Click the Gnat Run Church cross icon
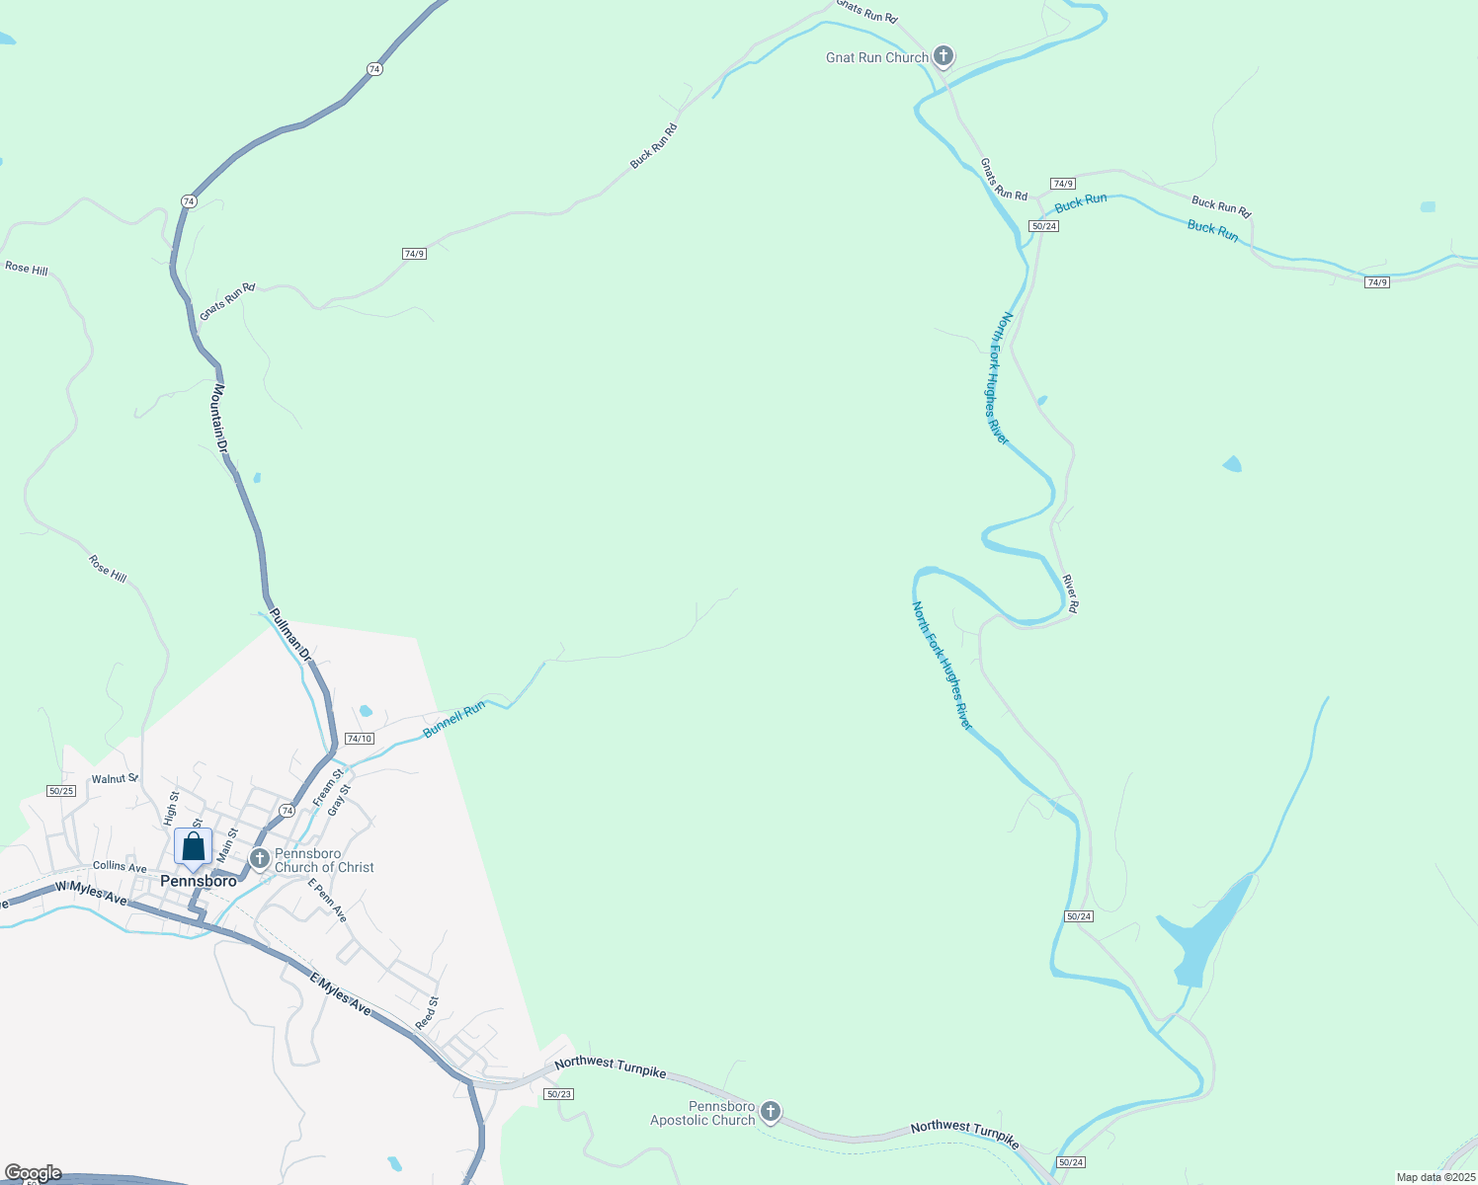coord(944,56)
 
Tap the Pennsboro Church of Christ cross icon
coord(260,859)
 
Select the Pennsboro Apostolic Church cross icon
coord(770,1113)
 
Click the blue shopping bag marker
coord(194,847)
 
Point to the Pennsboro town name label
coord(199,881)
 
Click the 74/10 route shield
coord(360,739)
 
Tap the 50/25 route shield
coord(61,791)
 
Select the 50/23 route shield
coord(558,1093)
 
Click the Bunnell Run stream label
coord(454,720)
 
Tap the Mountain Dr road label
coord(221,420)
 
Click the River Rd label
coord(1070,593)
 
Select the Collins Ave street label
coord(120,867)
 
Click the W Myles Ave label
coord(91,893)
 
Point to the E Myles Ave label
coord(341,994)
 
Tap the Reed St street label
coord(427,1013)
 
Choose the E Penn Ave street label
coord(327,901)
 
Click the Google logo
coord(34,1173)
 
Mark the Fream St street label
coord(328,787)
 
